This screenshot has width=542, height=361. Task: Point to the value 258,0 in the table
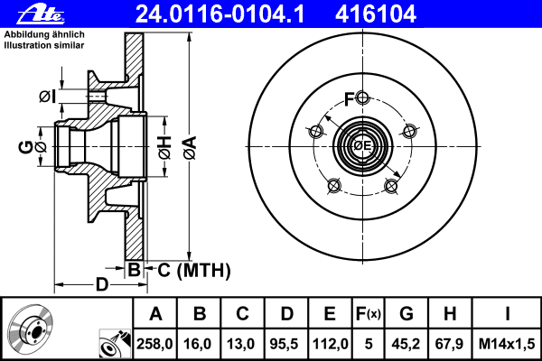click(x=155, y=343)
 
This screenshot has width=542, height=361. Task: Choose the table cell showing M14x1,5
click(x=509, y=343)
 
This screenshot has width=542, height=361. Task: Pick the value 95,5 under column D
click(x=286, y=343)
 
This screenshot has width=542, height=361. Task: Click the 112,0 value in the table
click(x=330, y=343)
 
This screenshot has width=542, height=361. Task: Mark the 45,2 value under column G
click(x=406, y=343)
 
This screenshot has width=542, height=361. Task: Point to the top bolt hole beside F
click(x=362, y=98)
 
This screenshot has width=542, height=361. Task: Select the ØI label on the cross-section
click(x=48, y=96)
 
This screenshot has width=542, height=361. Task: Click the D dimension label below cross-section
click(x=102, y=285)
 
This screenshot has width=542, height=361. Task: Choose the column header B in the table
click(x=200, y=314)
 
